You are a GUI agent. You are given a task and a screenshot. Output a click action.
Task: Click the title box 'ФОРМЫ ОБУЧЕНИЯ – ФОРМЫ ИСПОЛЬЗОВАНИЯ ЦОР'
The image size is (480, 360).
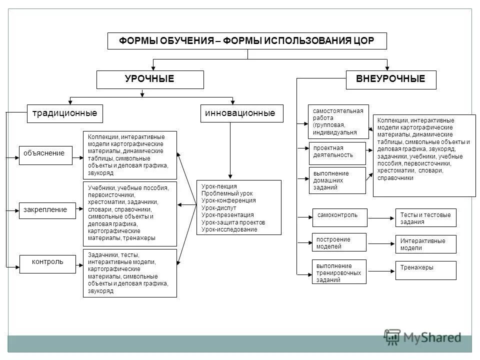[x=247, y=41]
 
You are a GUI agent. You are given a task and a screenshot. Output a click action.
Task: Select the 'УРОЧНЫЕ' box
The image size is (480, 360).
[x=150, y=79]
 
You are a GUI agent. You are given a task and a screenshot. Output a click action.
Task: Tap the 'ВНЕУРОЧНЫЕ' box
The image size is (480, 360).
[x=390, y=79]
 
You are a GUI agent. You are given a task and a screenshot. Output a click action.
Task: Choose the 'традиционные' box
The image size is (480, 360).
[x=64, y=113]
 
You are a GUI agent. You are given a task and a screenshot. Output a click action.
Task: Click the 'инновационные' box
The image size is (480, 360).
[x=241, y=113]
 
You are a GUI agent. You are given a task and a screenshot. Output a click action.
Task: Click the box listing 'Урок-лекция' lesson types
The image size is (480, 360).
[x=238, y=207]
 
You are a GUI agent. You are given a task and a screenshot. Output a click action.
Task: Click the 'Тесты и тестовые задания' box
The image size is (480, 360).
[x=425, y=218]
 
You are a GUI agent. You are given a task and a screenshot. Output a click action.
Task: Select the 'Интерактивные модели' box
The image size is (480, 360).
[x=425, y=244]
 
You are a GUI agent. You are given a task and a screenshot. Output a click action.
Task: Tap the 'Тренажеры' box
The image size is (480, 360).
[x=425, y=270]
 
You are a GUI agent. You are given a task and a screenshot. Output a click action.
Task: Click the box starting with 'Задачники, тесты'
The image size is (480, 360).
[x=129, y=273]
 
